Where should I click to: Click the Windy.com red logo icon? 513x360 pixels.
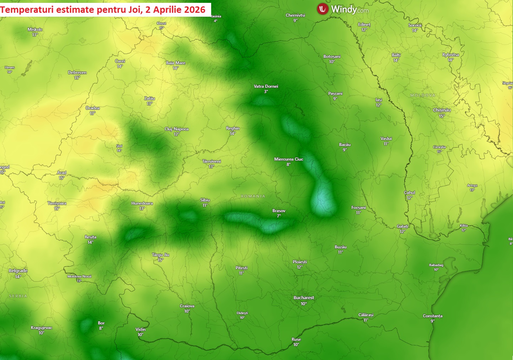[x=322, y=9]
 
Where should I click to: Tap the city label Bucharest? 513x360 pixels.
[x=304, y=298]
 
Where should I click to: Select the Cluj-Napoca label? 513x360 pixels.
[x=177, y=129]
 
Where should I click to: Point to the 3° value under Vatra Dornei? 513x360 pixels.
[x=266, y=92]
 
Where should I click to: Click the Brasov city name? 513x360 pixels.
[x=279, y=211]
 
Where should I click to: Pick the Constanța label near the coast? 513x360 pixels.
[x=433, y=316]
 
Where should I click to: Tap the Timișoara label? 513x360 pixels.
[x=57, y=203]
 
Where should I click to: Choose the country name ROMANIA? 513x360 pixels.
[x=253, y=196]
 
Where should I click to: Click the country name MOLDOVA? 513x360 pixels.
[x=423, y=95]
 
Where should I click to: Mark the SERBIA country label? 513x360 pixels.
[x=18, y=296]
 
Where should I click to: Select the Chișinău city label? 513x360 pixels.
[x=442, y=110]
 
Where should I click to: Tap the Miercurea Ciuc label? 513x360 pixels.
[x=289, y=159]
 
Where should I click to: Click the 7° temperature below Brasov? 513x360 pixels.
[x=279, y=216]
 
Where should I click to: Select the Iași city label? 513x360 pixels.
[x=379, y=100]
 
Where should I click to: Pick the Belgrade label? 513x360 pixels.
[x=18, y=271]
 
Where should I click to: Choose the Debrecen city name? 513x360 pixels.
[x=77, y=72]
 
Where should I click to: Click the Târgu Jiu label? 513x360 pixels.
[x=161, y=255]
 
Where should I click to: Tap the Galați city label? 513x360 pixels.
[x=402, y=226]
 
